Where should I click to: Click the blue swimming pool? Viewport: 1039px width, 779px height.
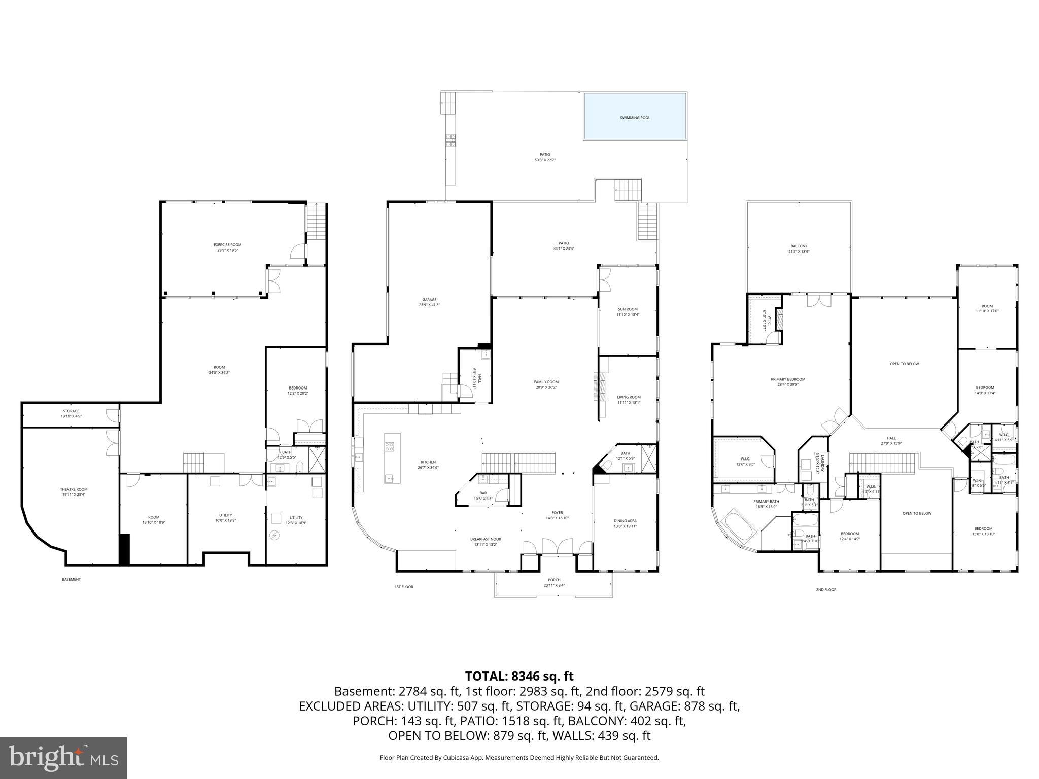coord(635,117)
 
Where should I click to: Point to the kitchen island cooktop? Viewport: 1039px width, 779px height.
coord(390,447)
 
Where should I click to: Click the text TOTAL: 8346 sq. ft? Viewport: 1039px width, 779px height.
coord(519,676)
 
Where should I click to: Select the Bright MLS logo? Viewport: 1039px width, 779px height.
coord(63,758)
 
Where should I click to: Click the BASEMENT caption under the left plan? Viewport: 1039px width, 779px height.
coord(71,579)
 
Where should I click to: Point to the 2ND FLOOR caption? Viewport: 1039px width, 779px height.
coord(826,590)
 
